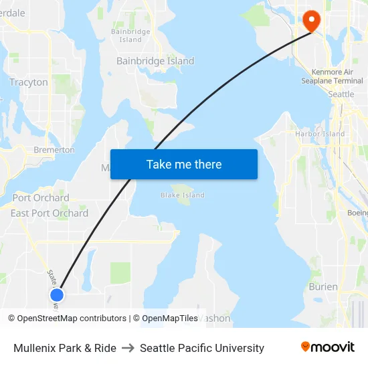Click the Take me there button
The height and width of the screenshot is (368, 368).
coord(184,165)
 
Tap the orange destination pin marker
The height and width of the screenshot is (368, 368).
coord(312,20)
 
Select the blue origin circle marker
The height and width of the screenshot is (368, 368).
coord(57,294)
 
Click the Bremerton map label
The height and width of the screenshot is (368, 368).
coord(54,150)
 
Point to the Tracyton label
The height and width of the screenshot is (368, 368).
coord(29,82)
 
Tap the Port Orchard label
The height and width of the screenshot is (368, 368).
coord(41,197)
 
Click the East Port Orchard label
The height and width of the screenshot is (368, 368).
coord(50,213)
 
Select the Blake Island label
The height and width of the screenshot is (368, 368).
coord(183,195)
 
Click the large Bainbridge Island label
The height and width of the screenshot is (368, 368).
coord(155,61)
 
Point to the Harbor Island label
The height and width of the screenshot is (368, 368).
coord(320,134)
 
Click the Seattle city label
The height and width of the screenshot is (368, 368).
coord(341,94)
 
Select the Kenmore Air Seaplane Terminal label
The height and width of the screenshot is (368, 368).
coord(337,76)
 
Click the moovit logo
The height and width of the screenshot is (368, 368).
coord(328,347)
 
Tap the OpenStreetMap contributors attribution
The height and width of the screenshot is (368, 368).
coord(72,318)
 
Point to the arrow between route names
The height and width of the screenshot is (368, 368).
coord(128,348)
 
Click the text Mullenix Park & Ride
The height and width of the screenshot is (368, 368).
coord(65,348)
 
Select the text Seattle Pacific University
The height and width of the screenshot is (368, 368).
coord(202,348)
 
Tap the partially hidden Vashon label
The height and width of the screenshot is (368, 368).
coord(217,319)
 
